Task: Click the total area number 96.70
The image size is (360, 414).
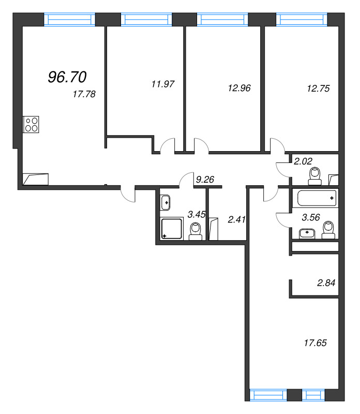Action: coord(67,77)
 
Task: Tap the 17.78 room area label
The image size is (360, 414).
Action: coord(84,94)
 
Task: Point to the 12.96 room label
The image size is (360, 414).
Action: coord(239,88)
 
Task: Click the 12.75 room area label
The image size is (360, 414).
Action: coord(318,88)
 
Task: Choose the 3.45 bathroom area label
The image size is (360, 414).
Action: coord(196,214)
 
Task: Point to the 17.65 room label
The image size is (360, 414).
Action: coord(317,342)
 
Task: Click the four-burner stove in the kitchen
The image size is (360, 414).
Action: coord(31,125)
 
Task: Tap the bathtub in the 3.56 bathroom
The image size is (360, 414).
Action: coord(317,198)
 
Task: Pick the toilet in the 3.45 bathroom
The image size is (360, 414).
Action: coord(196,231)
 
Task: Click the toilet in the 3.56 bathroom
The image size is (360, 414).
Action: coord(328,230)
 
